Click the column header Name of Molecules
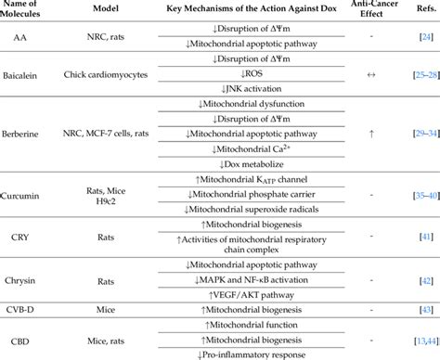(x=35, y=12)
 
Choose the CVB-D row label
(x=35, y=306)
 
